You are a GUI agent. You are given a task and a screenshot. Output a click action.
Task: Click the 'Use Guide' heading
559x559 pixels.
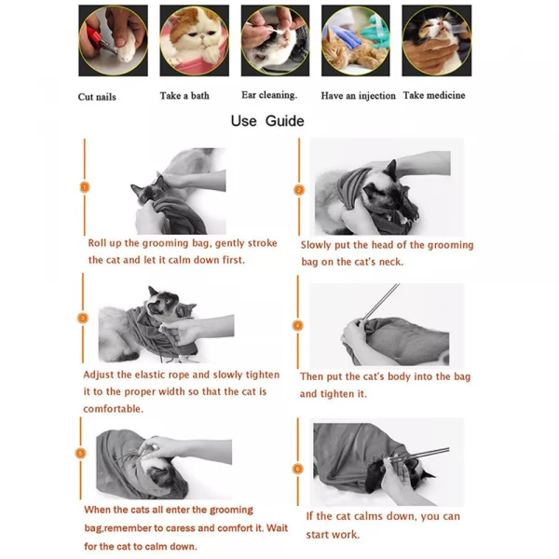tap(266, 121)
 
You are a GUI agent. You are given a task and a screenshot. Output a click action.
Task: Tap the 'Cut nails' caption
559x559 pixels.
tap(97, 97)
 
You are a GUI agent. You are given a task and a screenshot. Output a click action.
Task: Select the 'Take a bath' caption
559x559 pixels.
tap(184, 95)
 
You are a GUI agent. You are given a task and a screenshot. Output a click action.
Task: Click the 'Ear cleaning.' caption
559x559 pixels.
tap(269, 95)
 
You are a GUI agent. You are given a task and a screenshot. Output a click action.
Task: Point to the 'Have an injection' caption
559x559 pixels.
tap(358, 96)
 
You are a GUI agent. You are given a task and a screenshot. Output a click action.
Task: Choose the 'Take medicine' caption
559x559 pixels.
tap(434, 95)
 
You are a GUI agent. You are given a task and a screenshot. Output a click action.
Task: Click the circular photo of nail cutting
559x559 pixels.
tap(113, 41)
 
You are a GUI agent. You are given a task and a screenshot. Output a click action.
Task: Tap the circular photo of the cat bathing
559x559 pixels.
tap(195, 41)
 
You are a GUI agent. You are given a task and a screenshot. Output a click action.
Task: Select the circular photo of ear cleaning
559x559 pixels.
tap(275, 41)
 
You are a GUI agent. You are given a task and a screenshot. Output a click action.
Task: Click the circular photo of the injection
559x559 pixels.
tap(356, 41)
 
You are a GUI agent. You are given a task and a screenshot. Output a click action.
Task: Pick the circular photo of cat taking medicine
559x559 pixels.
tap(436, 41)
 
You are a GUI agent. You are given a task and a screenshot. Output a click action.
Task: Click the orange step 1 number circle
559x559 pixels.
tap(84, 187)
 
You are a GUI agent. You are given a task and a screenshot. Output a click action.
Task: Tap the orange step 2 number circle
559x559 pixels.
tap(298, 189)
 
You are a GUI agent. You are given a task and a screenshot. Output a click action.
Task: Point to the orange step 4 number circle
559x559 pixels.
tap(298, 325)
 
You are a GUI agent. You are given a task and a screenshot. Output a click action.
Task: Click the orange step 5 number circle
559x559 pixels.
tap(81, 453)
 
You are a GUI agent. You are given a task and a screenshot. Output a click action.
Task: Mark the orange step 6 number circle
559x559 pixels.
tap(298, 470)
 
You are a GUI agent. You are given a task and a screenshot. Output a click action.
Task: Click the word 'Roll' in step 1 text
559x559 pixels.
tap(100, 243)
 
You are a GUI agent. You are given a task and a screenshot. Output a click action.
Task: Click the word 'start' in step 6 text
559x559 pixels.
tap(319, 535)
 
